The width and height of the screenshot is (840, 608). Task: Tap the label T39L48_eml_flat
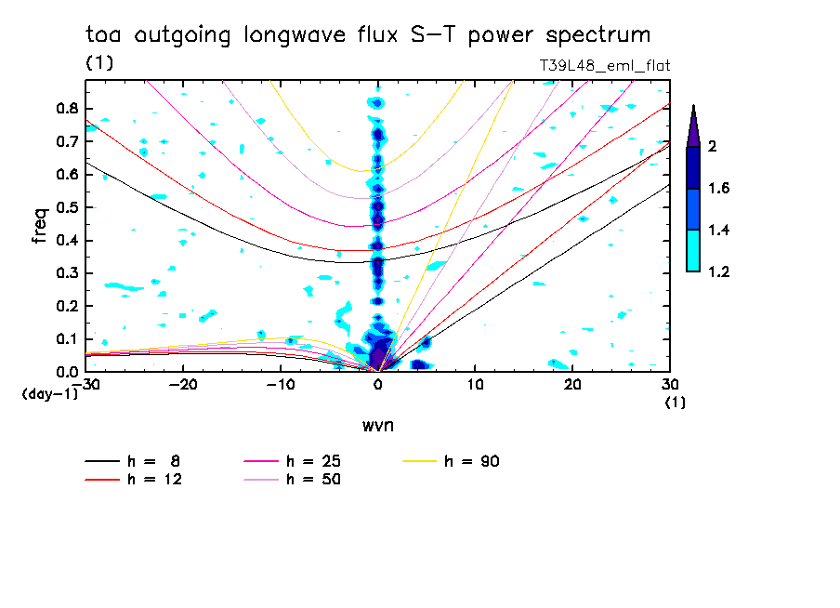click(x=605, y=66)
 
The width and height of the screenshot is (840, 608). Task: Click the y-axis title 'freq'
click(x=39, y=227)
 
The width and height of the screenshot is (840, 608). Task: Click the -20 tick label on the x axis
click(x=184, y=384)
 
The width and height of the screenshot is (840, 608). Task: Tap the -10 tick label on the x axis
click(x=281, y=384)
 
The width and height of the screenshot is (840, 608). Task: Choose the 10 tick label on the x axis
click(x=475, y=384)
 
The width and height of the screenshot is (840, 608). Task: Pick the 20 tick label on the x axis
click(x=572, y=384)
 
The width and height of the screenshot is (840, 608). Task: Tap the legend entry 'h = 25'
click(x=313, y=461)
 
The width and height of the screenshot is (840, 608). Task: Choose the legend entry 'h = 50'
click(x=313, y=480)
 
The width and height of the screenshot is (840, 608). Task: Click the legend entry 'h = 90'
click(x=473, y=461)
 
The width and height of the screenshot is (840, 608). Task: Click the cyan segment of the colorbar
click(x=693, y=251)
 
